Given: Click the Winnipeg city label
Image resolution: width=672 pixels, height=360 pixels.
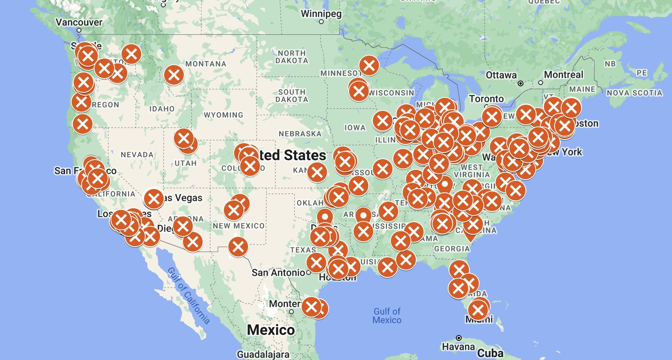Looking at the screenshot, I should [321, 14].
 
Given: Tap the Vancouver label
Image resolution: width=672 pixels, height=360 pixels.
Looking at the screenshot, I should [79, 22].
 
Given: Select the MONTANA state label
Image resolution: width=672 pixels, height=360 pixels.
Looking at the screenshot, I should [205, 64].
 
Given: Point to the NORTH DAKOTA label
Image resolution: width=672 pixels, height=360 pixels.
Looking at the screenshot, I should [291, 57].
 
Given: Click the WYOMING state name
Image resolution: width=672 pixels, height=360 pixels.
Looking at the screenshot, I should [223, 115].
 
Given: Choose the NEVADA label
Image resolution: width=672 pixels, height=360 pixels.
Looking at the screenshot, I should [137, 155].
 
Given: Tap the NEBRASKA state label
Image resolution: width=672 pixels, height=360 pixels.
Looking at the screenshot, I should [300, 134].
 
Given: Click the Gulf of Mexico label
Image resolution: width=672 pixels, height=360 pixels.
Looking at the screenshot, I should [387, 316].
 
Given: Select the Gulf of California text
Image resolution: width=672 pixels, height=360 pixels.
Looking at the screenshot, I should [189, 295].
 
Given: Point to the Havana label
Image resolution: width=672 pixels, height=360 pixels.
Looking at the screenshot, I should [458, 347].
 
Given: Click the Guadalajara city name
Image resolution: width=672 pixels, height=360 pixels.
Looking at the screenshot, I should [263, 354].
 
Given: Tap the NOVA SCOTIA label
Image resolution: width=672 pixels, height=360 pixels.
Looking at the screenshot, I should [634, 93].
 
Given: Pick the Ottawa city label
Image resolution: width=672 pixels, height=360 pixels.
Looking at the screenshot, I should [501, 75].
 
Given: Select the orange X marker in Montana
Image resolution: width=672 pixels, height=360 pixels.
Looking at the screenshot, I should [174, 75].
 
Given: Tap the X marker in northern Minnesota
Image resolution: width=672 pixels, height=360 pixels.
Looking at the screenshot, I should [369, 65].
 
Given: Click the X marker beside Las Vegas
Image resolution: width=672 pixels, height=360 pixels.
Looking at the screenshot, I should [154, 199].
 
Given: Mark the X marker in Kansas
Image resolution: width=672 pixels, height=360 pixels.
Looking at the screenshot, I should [317, 172].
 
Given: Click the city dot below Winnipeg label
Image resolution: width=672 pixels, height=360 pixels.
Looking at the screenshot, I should [321, 22].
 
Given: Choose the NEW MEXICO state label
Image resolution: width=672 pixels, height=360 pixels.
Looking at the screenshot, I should [239, 226].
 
